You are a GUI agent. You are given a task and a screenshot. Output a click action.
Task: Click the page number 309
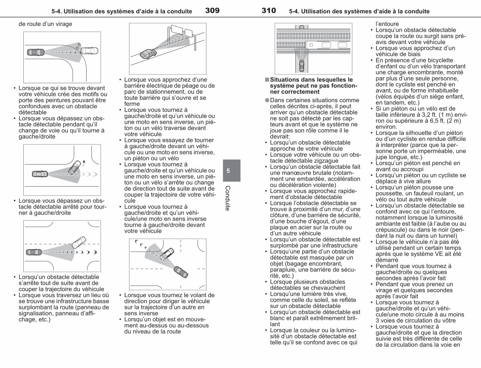coord(212,10)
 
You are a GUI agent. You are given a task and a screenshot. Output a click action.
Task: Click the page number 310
coord(269,10)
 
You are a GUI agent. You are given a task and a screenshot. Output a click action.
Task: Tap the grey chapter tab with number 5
coord(232,171)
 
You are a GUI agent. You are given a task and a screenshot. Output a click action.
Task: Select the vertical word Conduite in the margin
coord(228,198)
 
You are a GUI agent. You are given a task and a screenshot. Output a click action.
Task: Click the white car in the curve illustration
coord(89,50)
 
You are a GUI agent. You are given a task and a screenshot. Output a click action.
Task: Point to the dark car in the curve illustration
coord(36,52)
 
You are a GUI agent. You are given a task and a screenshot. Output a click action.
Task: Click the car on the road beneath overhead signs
coord(148,54)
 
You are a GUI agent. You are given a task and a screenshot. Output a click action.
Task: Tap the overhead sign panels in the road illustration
coord(182,30)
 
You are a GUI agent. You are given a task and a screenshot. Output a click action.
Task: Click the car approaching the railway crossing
coord(301,66)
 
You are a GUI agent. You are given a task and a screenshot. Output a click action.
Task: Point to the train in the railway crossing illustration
coord(327,45)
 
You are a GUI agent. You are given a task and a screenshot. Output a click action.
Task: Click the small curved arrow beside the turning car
coord(84,163)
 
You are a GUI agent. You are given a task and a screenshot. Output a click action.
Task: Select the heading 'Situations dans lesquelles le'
coord(311,80)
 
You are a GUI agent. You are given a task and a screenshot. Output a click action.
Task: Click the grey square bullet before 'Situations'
coord(267,80)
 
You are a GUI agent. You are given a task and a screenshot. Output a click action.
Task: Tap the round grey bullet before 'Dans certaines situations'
coord(267,100)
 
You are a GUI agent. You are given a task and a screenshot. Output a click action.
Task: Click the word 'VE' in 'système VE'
coord(432,254)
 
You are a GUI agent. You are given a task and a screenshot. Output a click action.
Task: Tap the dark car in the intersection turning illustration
coord(181,272)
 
